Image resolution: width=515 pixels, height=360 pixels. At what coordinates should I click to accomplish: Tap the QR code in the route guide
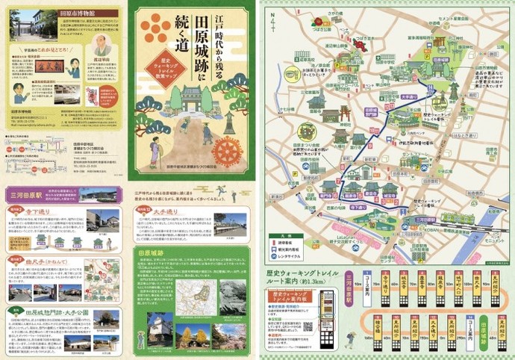click(x=306, y=326)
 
